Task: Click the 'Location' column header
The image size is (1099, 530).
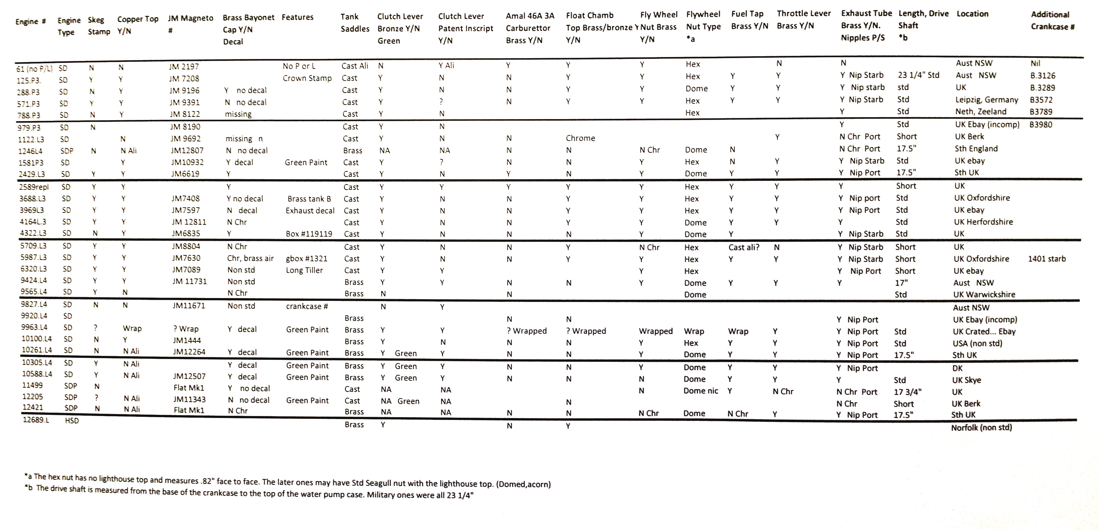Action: point(972,14)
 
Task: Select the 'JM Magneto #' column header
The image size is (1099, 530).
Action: point(190,24)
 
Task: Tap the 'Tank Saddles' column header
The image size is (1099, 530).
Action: point(355,23)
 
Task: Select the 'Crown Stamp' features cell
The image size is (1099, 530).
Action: point(307,78)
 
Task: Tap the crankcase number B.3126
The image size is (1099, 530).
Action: point(1042,75)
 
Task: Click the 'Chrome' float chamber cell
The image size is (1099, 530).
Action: point(580,138)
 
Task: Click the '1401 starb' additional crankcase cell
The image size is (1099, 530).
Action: point(1047,259)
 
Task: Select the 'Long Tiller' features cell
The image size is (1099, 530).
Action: point(304,270)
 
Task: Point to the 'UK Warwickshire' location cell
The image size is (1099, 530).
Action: point(984,294)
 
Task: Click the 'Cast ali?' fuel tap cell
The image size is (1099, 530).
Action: point(744,247)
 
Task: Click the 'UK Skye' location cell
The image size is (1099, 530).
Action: point(966,380)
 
